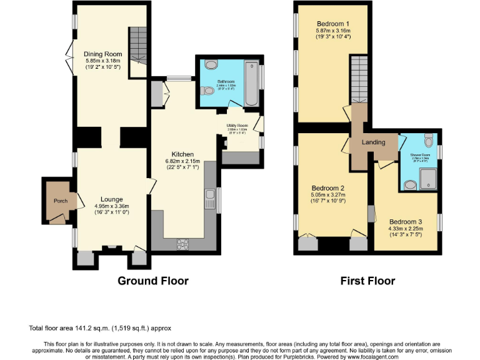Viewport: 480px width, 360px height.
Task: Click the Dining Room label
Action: point(102,54)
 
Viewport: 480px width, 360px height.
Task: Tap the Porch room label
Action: point(61,201)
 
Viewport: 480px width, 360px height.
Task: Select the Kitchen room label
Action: point(183,154)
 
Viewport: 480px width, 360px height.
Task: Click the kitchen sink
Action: point(209,200)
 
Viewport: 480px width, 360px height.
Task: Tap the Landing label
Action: point(374,142)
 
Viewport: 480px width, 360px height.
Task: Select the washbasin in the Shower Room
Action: point(409,184)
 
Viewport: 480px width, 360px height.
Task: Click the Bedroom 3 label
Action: point(406,221)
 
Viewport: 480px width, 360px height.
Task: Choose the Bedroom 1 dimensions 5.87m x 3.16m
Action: point(333,30)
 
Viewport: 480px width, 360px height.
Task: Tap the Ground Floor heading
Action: point(152,281)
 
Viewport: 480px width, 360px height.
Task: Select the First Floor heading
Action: point(367,281)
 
